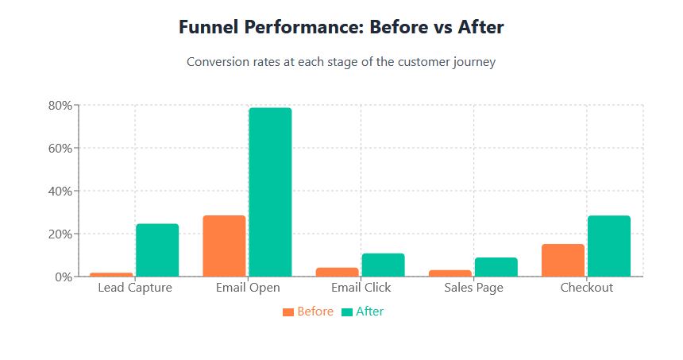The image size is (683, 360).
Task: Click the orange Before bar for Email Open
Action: coord(224,246)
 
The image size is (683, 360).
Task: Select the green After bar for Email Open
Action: coord(270,192)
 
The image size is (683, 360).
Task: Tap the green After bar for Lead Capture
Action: coord(157,250)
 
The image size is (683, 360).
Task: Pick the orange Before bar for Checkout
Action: coord(563,260)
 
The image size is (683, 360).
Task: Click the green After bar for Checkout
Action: coord(609,246)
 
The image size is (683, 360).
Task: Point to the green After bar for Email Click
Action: coord(384,265)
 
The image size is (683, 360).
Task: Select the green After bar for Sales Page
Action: coord(496,267)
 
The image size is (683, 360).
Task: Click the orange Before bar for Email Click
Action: coord(338,272)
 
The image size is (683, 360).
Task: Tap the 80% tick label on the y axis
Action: coord(60,106)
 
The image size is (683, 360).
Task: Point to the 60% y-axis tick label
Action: coord(60,148)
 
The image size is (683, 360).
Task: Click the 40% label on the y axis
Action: coord(60,191)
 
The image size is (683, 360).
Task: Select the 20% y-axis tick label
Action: coord(60,234)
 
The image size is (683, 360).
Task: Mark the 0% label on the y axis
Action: coord(64,277)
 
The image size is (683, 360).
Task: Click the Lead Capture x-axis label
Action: coord(135,288)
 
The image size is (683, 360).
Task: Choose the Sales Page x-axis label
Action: coord(474,288)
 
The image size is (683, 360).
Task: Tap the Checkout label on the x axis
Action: coord(587,288)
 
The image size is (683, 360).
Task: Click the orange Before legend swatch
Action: coord(288,312)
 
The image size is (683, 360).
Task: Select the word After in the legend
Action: coord(370,312)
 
